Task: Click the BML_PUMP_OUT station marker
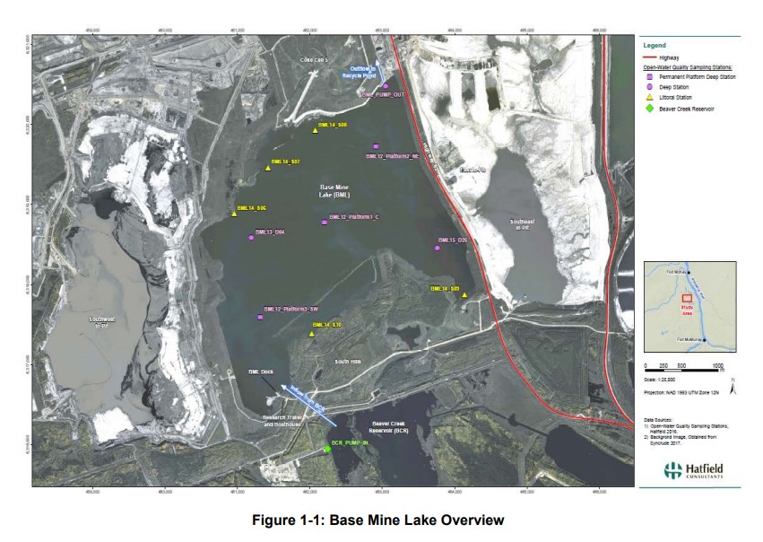click(386, 86)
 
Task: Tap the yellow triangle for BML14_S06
click(315, 131)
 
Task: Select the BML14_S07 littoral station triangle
click(268, 167)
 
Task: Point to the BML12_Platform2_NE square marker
click(376, 146)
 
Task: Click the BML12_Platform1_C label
click(354, 217)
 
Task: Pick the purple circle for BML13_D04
click(251, 238)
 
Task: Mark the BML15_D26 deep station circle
click(438, 248)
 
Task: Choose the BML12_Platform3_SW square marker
click(260, 317)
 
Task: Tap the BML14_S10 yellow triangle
click(311, 334)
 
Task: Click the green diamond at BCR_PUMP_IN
click(327, 449)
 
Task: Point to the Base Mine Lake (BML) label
click(334, 190)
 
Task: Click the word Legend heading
click(655, 45)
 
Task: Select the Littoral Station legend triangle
click(650, 97)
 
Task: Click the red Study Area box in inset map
click(688, 300)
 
